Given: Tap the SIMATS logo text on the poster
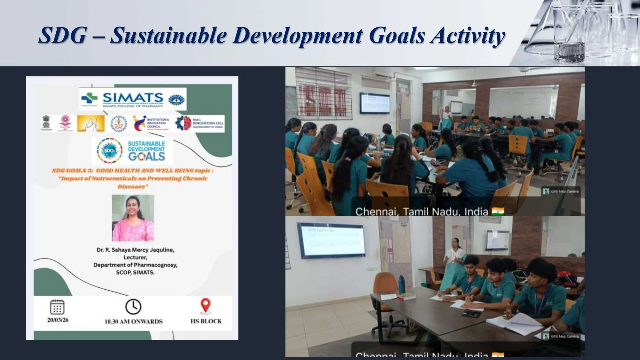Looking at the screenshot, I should click(133, 98).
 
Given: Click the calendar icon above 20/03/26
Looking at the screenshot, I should click(57, 307).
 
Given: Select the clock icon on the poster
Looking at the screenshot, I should click(133, 307).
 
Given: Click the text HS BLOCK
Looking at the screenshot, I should click(206, 321).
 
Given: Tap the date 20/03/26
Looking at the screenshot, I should click(58, 320).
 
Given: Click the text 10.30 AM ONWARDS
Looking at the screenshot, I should click(133, 321).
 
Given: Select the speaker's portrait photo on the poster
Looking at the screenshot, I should click(133, 218).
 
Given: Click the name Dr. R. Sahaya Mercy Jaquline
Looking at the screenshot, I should click(135, 250).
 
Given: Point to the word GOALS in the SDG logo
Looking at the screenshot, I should click(147, 156).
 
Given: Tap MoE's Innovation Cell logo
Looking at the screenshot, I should click(200, 123).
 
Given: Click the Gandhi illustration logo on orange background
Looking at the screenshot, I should click(91, 124).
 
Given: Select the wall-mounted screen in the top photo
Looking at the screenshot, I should click(375, 103).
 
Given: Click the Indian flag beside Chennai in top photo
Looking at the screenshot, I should click(498, 211).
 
